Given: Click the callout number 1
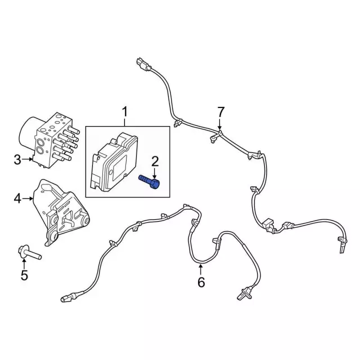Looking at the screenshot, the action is tap(125, 112).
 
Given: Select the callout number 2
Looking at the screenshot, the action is tap(155, 161).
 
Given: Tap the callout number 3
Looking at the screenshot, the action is tap(17, 160).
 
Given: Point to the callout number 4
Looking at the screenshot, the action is tap(17, 199).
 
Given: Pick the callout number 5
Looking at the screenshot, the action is tap(24, 275).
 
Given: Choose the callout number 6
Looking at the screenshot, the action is tap(201, 282).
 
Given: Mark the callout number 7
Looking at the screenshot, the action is tap(220, 112).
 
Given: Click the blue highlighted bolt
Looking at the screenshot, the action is tap(149, 181).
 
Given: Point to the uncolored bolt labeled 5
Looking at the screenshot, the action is tap(29, 253).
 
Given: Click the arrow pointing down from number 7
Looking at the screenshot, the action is tap(220, 124).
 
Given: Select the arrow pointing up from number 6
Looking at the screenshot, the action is tap(201, 269).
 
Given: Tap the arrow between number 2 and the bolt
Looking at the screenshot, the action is tap(155, 173).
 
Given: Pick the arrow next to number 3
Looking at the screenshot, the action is tap(28, 159).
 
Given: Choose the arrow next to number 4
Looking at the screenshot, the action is tap(28, 199).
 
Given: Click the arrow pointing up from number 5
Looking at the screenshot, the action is tap(24, 263).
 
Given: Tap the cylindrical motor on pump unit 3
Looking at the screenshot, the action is tap(28, 134).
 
